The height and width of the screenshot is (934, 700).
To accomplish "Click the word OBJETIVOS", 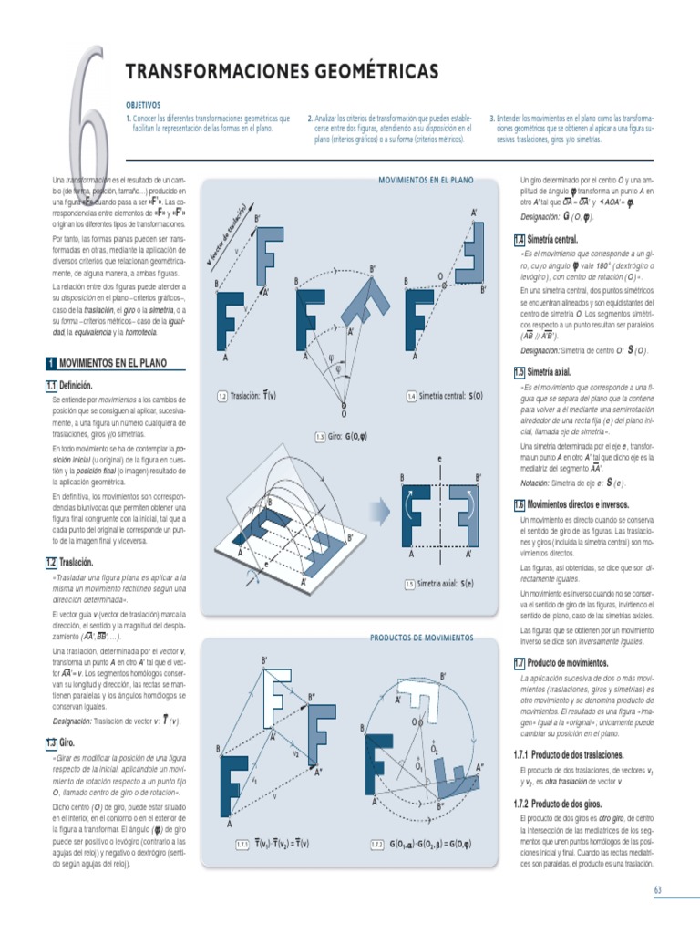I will [143, 105].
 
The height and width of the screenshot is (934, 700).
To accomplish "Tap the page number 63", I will [659, 888].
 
